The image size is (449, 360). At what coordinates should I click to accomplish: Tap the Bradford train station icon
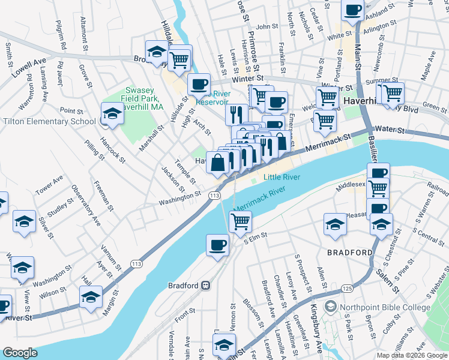205,286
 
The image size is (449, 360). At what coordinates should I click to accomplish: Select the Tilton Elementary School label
49,121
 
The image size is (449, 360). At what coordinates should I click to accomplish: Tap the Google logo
20,353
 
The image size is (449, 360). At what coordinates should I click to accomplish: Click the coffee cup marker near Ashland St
353,10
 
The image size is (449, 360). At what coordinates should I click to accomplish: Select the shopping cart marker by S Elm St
240,221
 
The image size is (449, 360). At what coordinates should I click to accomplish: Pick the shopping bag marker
218,162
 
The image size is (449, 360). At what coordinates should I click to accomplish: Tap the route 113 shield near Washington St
213,196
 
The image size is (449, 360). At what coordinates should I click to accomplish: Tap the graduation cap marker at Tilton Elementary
112,113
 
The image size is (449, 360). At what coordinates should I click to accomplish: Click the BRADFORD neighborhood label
349,253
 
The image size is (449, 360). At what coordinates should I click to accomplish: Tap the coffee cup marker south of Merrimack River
217,245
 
